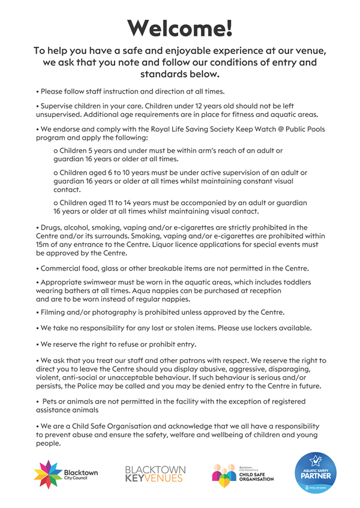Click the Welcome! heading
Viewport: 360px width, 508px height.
point(180,26)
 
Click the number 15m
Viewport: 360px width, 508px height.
point(45,245)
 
